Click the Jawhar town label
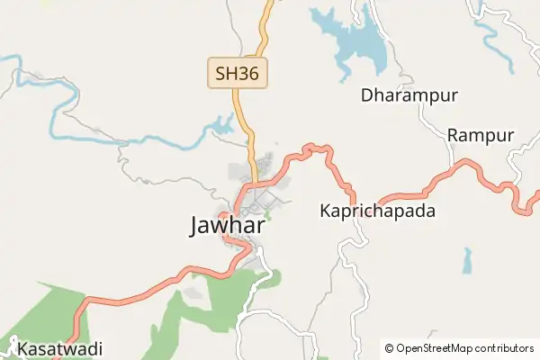tap(228, 225)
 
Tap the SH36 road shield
tap(238, 73)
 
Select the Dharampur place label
tap(409, 95)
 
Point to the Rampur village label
tap(481, 136)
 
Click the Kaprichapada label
tap(378, 211)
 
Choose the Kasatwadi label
tap(60, 348)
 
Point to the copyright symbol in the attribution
tap(390, 348)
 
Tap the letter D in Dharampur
tap(367, 95)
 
